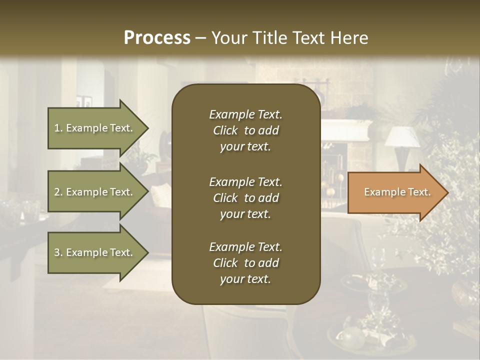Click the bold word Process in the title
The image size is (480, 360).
coord(157,38)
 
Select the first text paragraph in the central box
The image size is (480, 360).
coord(245,130)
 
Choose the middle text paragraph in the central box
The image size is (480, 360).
coord(245,198)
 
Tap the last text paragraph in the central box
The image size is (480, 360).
coord(245,263)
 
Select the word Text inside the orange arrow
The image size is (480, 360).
coord(419,192)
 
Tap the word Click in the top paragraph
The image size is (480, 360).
coord(225,130)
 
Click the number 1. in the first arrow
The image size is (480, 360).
coord(58,128)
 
